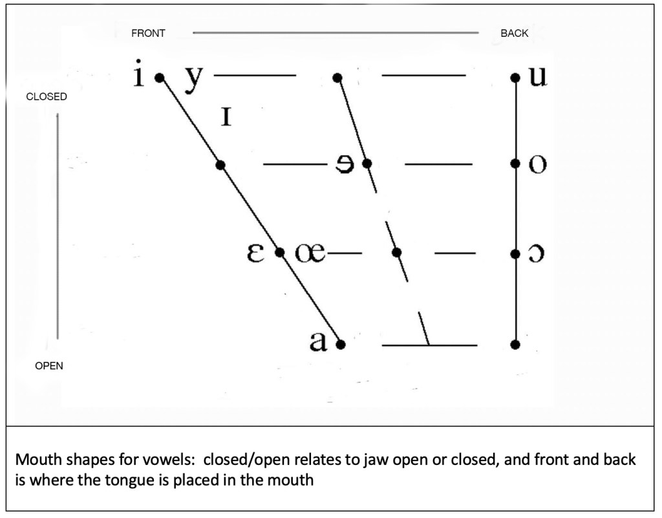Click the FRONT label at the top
tap(148, 34)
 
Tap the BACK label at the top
tap(514, 34)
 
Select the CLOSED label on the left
tap(46, 96)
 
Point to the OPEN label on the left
tap(49, 366)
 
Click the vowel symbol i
tap(138, 76)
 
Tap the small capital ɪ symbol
tap(226, 117)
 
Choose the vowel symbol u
tap(537, 76)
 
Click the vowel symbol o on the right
tap(537, 165)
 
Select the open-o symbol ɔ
tap(537, 254)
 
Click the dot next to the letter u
tap(515, 78)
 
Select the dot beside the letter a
tap(341, 344)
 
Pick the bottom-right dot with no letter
tap(515, 345)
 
